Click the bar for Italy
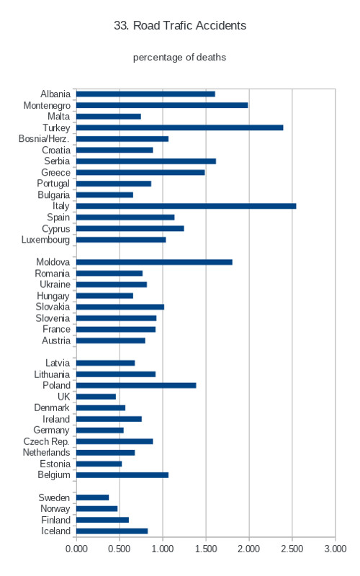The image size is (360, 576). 186,206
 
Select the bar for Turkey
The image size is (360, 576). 179,127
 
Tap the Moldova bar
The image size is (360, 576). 154,262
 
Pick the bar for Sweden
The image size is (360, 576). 93,498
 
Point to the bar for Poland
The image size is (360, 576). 136,385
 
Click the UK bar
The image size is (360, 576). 96,397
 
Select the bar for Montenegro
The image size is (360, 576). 162,105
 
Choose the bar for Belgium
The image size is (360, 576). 122,475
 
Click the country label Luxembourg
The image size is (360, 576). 45,240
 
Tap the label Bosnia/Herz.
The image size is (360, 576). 44,138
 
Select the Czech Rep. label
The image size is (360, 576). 46,441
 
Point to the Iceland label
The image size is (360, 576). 55,531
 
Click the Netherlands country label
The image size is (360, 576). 46,452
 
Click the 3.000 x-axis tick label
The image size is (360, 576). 336,549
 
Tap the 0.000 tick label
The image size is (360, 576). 76,549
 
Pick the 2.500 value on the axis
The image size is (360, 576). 292,549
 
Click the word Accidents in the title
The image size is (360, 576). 221,25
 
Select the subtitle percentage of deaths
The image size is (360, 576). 179,58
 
